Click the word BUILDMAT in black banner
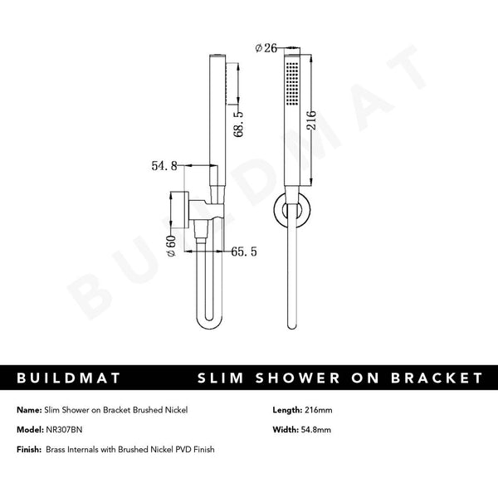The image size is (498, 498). pyautogui.click(x=69, y=378)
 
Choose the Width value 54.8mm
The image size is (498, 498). pyautogui.click(x=317, y=429)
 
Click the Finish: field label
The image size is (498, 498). pyautogui.click(x=28, y=449)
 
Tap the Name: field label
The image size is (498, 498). pyautogui.click(x=27, y=409)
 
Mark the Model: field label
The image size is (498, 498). pyautogui.click(x=29, y=429)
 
